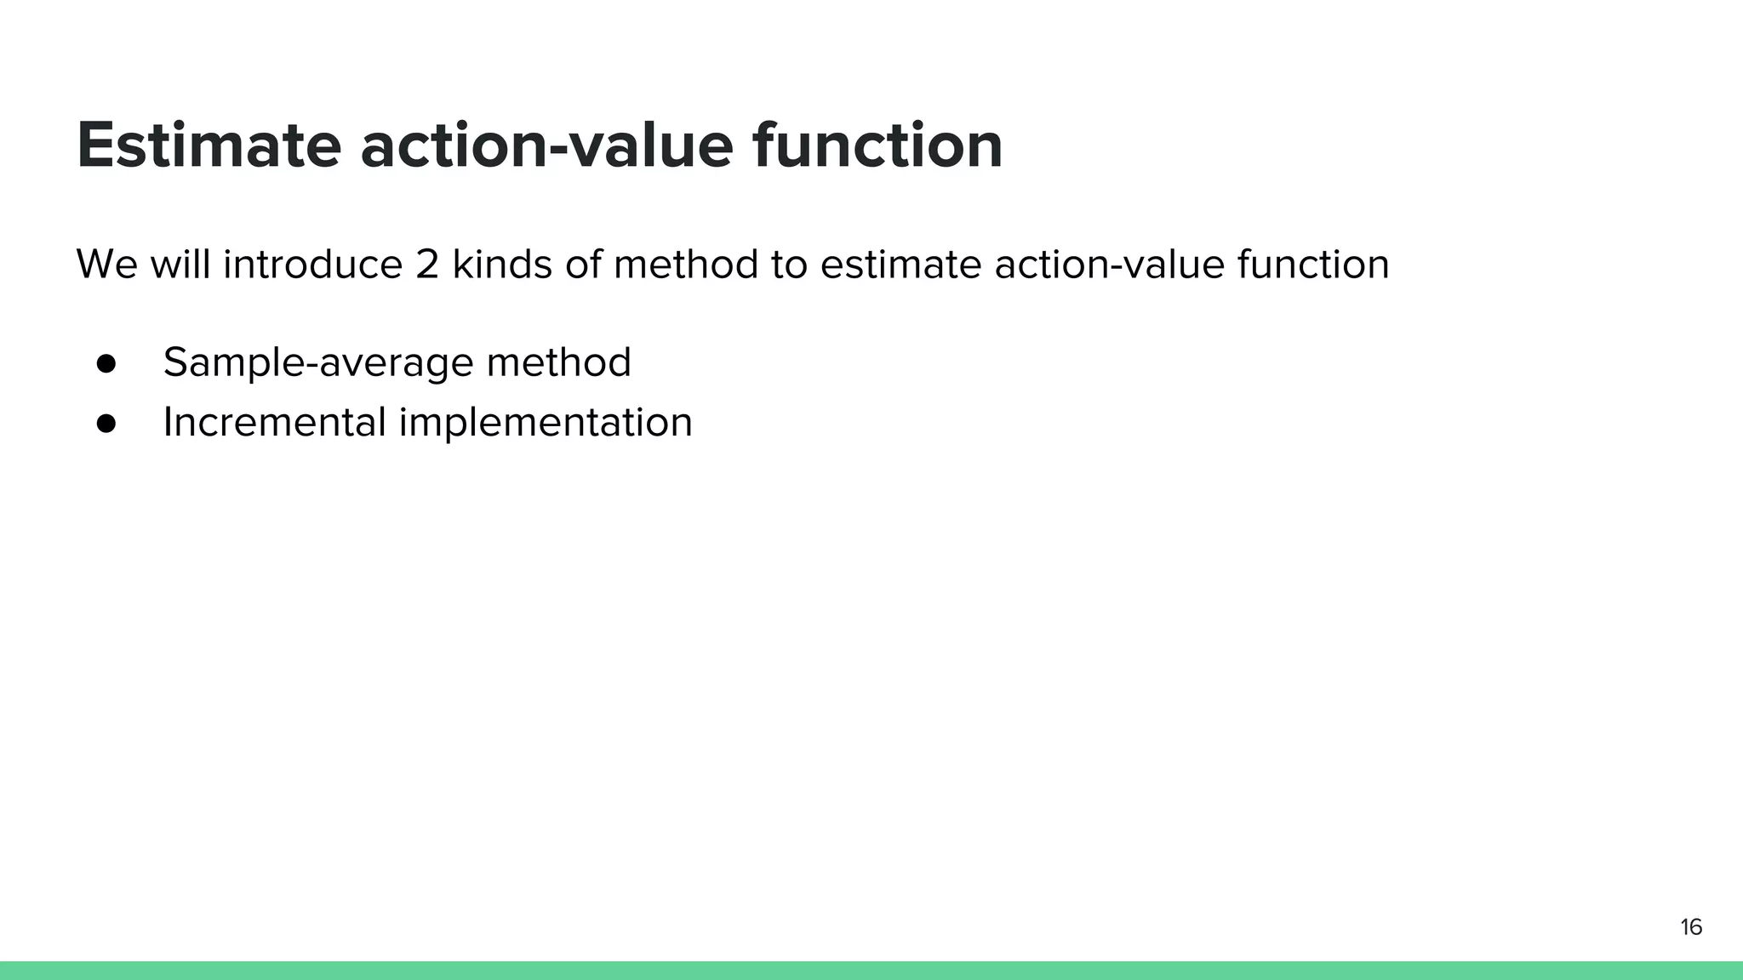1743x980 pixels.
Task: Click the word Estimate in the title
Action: point(209,145)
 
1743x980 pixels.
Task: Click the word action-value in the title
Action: point(546,145)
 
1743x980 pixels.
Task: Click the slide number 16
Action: point(1690,927)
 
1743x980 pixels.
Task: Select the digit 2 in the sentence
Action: point(427,265)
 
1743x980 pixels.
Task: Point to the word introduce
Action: point(312,265)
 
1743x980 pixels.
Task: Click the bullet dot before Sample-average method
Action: point(106,363)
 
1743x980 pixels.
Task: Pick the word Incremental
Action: point(274,422)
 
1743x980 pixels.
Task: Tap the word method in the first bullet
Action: point(558,362)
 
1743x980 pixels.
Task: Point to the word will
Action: point(180,265)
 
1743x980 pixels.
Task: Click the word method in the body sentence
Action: point(685,265)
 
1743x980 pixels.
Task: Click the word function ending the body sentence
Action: point(1312,265)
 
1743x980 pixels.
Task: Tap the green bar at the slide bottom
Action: point(871,971)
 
